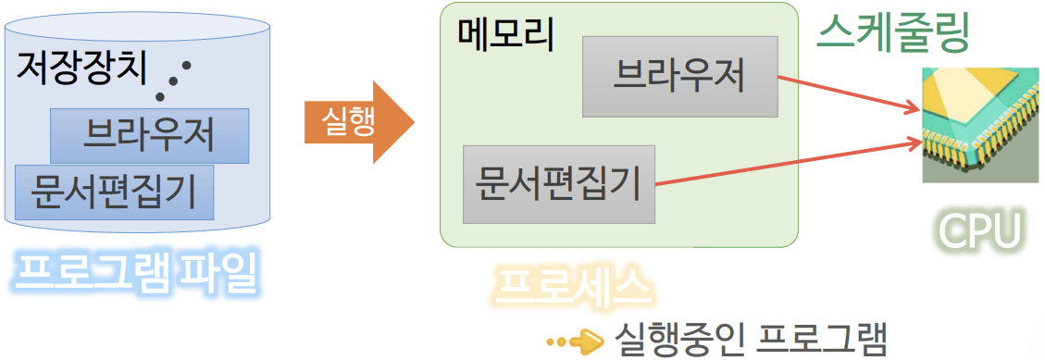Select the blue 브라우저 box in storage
(149, 135)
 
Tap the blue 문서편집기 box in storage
(114, 192)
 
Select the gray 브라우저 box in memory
(679, 76)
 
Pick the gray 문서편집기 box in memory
(558, 183)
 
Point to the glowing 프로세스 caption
(572, 288)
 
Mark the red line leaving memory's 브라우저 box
(842, 94)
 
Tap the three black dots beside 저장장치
(175, 80)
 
